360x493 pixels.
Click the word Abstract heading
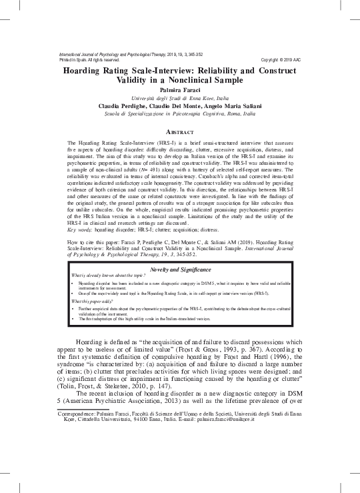point(179,132)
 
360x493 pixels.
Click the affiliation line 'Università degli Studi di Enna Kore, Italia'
point(180,97)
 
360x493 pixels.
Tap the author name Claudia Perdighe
point(125,106)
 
